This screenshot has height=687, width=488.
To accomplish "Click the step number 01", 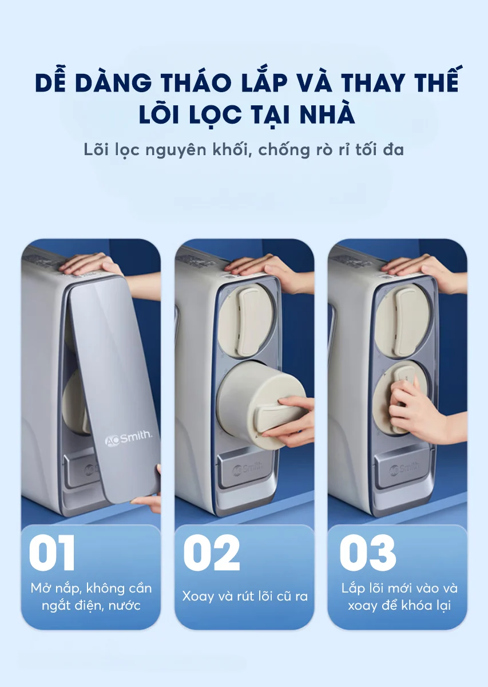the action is click(52, 552).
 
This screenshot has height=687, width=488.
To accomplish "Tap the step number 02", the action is click(211, 552).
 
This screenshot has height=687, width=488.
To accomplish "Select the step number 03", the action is click(367, 552).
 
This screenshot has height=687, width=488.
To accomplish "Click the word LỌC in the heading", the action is click(213, 115).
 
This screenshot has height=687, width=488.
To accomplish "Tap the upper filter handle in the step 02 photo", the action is click(249, 322).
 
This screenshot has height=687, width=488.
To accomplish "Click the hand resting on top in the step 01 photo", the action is click(92, 264).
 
